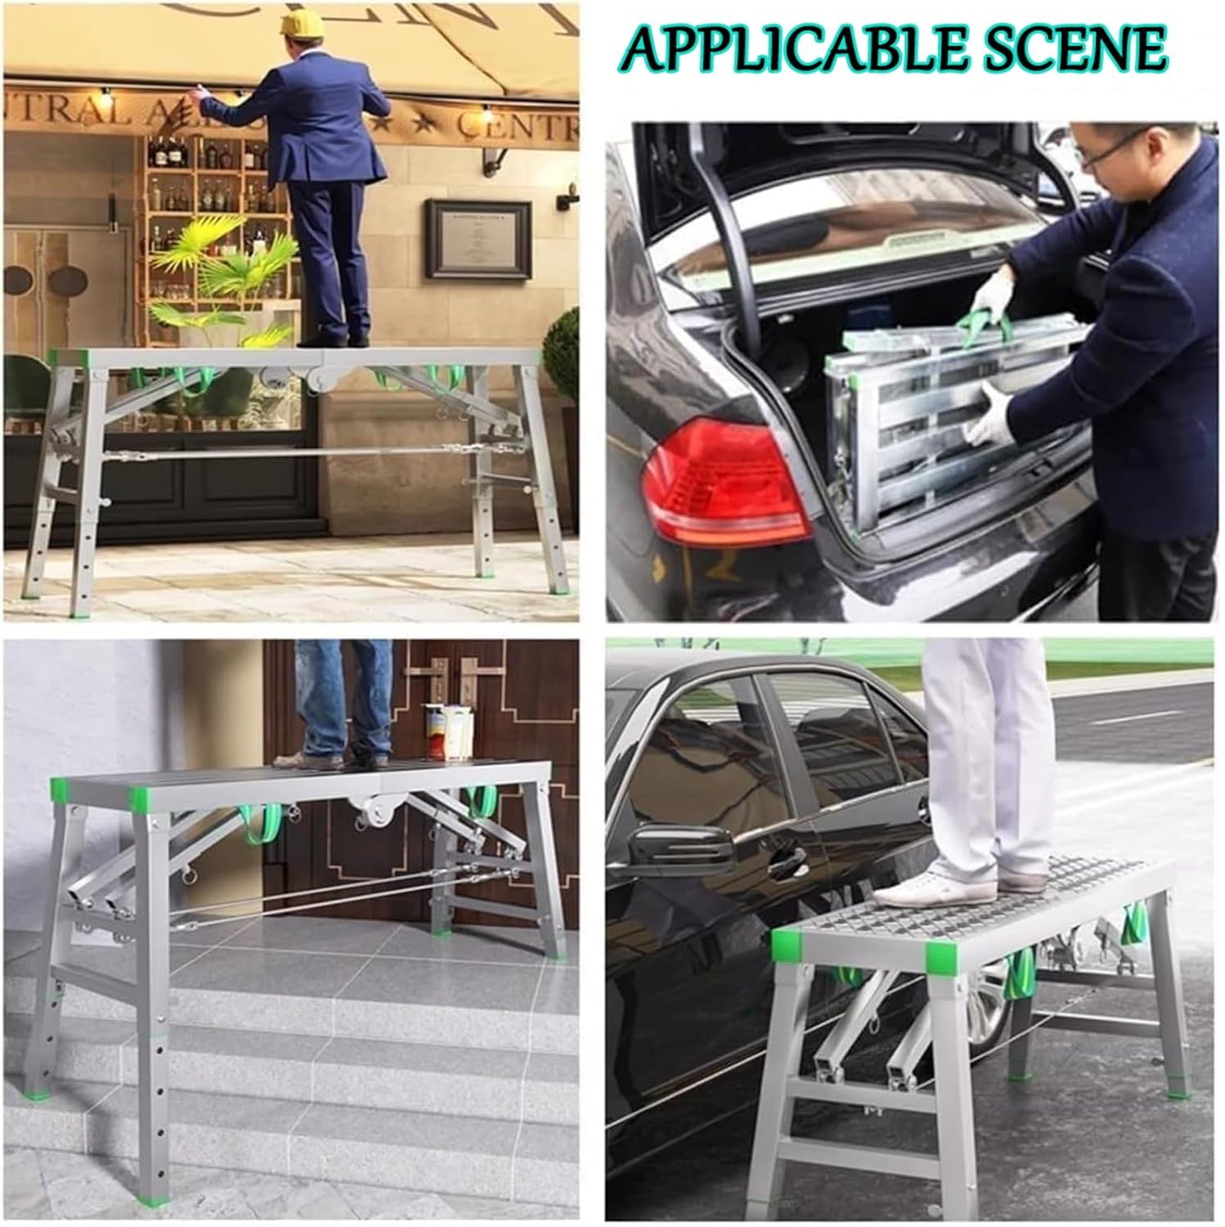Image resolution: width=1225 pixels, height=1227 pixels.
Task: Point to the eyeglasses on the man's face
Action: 1108,151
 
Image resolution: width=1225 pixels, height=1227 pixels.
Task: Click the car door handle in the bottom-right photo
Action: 785,859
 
